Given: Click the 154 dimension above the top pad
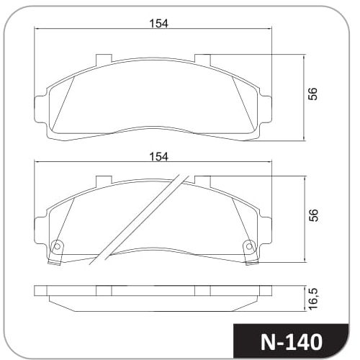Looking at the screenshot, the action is click(158, 24).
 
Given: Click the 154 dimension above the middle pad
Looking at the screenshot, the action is click(158, 157).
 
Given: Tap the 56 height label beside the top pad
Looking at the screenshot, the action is click(312, 94).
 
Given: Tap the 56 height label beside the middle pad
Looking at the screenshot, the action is click(312, 215).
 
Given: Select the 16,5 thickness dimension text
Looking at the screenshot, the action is click(313, 299).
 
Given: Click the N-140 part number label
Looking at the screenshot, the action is click(292, 342).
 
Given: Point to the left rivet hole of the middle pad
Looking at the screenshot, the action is click(57, 246).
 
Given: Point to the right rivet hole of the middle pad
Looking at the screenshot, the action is click(249, 246).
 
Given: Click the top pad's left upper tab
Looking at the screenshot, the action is click(104, 60).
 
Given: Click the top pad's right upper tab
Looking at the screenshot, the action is click(202, 60).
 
